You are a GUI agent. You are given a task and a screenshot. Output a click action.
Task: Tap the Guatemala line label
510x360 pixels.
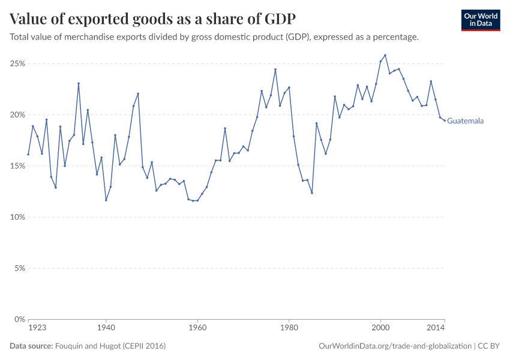[466, 121]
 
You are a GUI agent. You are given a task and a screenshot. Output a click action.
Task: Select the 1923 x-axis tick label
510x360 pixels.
[37, 328]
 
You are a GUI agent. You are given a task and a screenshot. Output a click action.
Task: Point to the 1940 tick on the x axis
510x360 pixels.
[106, 328]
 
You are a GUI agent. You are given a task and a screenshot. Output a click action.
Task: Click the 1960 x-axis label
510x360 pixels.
[197, 328]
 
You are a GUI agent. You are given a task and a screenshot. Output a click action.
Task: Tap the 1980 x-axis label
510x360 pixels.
[289, 328]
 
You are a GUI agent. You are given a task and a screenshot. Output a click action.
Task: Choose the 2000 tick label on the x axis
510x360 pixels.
[380, 328]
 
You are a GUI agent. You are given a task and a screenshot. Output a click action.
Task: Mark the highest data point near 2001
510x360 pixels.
[385, 55]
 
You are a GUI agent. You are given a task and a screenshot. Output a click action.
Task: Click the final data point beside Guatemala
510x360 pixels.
[445, 121]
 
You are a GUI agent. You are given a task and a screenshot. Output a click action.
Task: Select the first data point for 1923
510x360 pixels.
[28, 154]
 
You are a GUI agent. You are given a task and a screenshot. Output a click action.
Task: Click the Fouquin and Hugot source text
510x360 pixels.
[110, 346]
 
